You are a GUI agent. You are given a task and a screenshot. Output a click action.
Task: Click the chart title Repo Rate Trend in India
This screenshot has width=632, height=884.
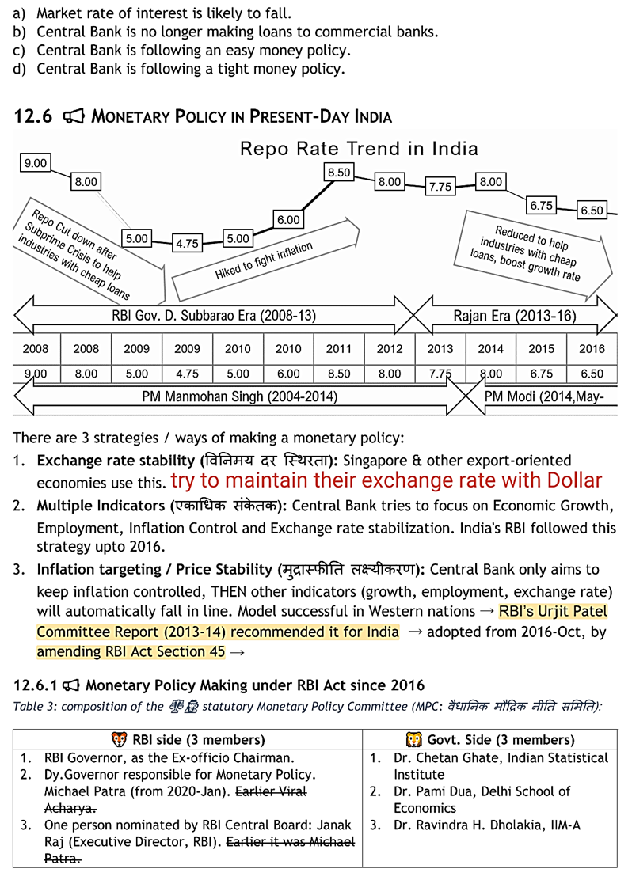tap(359, 148)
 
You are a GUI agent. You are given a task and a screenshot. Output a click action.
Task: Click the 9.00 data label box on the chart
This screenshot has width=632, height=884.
tap(36, 163)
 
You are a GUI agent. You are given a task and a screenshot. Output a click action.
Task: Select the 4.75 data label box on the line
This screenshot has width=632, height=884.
tap(187, 244)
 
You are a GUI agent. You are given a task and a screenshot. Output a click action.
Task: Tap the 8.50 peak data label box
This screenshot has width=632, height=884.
tap(339, 172)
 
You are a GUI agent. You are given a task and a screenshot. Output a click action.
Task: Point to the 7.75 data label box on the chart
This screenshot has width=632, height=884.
tap(440, 187)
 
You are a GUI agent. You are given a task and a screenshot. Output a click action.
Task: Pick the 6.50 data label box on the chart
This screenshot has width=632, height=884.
tap(592, 211)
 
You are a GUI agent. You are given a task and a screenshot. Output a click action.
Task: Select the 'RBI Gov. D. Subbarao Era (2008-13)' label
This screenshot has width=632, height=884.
tap(214, 316)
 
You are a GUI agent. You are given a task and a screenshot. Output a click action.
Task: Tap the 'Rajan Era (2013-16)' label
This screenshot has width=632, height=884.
tap(515, 316)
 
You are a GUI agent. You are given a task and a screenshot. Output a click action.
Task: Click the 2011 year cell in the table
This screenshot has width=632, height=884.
tap(339, 348)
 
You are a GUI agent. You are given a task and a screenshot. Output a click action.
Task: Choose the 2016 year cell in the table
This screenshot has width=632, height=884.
tap(592, 348)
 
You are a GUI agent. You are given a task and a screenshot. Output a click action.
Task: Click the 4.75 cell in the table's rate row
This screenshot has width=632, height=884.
tap(187, 374)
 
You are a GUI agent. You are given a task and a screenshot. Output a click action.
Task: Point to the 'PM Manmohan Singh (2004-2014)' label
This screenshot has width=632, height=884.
tap(239, 396)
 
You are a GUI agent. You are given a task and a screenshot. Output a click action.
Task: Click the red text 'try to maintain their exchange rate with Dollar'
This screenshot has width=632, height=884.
tap(386, 480)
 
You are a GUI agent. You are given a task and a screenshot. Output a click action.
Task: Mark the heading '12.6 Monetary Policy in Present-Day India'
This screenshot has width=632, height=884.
tap(204, 117)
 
